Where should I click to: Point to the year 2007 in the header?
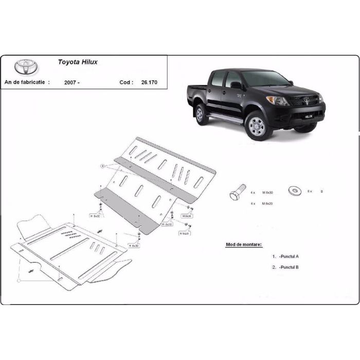[73, 82]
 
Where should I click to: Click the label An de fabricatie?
[27, 82]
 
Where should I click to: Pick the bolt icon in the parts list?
[238, 192]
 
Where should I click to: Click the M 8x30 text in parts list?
[268, 193]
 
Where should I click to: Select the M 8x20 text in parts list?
[268, 204]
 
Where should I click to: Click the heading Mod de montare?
[244, 244]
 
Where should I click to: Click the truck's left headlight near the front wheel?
[278, 100]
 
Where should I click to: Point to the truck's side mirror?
[235, 85]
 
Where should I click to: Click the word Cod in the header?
[125, 82]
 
